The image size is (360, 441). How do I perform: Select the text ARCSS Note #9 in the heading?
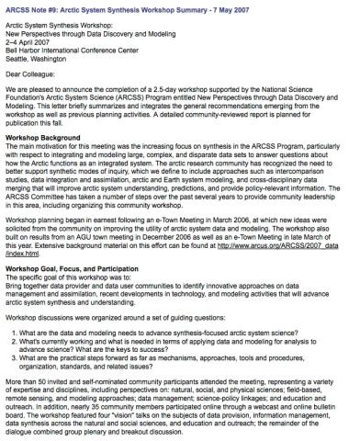27,7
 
